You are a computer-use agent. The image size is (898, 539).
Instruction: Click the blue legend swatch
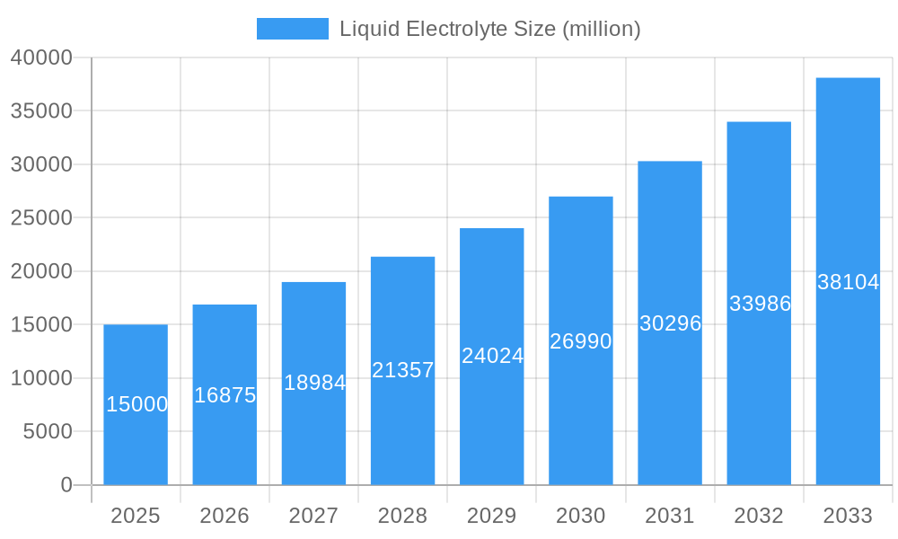[293, 29]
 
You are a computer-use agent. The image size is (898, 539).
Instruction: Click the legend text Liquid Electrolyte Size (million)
[489, 29]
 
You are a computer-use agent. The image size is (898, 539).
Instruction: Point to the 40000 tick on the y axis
[41, 57]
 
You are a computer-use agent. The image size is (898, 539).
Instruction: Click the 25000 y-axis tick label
[41, 218]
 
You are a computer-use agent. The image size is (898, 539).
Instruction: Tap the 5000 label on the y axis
[47, 432]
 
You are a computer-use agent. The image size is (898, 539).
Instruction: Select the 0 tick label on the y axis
[66, 485]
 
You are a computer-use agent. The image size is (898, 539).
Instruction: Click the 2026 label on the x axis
[224, 516]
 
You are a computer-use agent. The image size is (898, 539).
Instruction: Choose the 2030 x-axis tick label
[581, 516]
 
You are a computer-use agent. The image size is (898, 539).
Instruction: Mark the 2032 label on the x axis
[759, 516]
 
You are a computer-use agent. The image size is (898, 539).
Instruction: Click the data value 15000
[136, 404]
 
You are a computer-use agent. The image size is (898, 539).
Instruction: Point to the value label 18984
[314, 383]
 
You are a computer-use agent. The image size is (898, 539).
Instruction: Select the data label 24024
[492, 356]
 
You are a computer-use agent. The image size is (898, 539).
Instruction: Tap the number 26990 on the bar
[580, 341]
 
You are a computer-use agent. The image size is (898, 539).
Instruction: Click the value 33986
[760, 304]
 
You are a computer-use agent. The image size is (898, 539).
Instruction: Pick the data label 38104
[848, 282]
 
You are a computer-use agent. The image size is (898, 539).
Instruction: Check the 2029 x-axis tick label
[492, 516]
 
